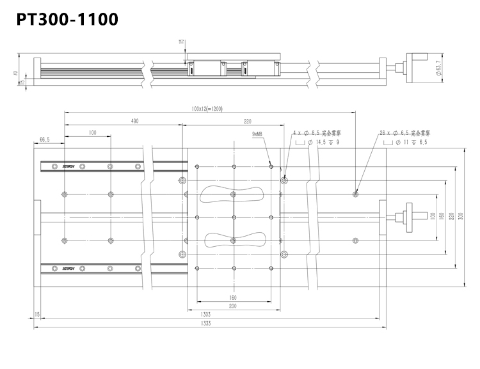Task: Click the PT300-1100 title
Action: point(67,20)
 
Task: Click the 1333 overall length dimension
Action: point(206,324)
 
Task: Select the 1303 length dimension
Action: point(206,315)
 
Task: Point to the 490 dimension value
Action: point(134,120)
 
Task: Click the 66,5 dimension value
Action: point(45,139)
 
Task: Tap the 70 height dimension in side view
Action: point(15,74)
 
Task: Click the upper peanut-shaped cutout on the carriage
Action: point(231,194)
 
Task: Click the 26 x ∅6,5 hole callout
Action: point(406,133)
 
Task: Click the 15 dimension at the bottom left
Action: point(38,315)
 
